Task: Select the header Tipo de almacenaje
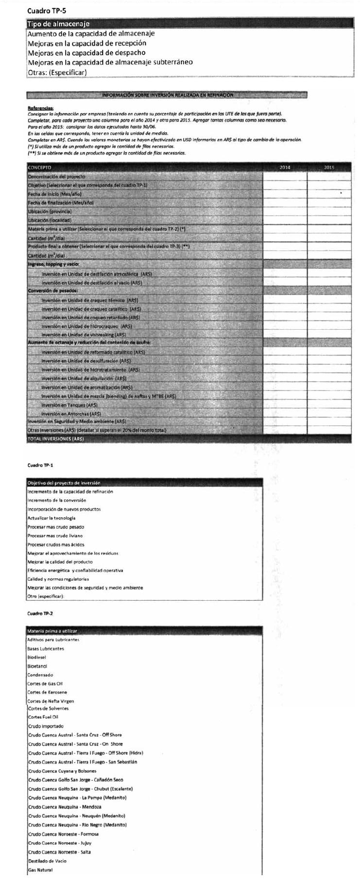(59, 24)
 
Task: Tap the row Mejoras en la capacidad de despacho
(86, 52)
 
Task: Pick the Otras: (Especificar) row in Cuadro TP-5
(57, 72)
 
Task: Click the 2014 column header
(285, 168)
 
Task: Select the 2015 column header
(329, 168)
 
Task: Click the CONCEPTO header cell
(39, 168)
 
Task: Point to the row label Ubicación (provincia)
(50, 212)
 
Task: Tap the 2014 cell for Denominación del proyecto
(285, 177)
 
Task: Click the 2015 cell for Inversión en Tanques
(329, 405)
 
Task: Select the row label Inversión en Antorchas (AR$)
(71, 414)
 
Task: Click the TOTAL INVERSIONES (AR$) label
(56, 439)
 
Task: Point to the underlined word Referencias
(40, 108)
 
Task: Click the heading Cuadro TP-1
(40, 465)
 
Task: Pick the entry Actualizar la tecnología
(51, 518)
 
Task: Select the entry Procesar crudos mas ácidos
(56, 544)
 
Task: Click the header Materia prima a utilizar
(52, 631)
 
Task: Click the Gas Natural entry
(40, 870)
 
